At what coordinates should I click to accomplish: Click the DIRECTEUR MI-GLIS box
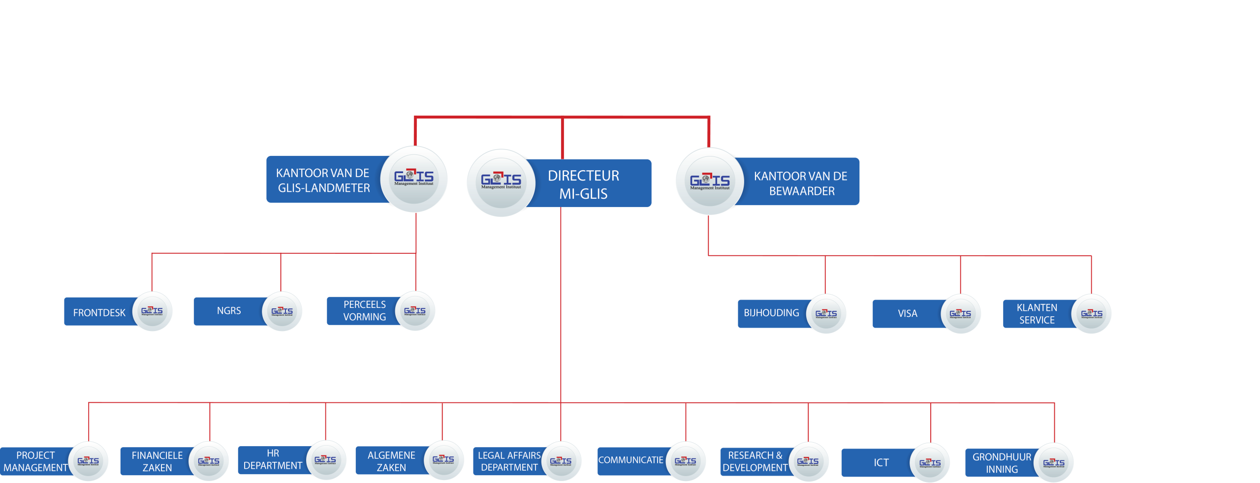tap(584, 184)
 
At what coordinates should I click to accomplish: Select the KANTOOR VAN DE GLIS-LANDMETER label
tap(323, 180)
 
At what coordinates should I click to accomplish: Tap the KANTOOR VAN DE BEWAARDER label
tap(801, 183)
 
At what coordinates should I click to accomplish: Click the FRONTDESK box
tap(99, 313)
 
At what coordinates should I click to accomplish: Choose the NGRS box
tap(229, 311)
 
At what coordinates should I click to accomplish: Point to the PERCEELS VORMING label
tap(364, 311)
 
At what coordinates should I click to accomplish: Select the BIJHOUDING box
tap(771, 313)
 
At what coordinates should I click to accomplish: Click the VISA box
tap(907, 314)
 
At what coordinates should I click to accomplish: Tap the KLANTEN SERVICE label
tap(1037, 314)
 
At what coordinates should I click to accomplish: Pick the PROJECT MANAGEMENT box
tap(35, 461)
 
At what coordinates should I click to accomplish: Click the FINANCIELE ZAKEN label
tap(157, 461)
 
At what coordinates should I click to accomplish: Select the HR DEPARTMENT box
tap(273, 459)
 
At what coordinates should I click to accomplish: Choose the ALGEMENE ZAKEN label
tap(391, 461)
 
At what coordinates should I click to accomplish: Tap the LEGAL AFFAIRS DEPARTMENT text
tap(509, 461)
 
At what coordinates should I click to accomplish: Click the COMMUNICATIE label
tap(630, 460)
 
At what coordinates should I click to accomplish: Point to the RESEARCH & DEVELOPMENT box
tap(755, 461)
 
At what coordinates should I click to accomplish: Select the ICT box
tap(881, 463)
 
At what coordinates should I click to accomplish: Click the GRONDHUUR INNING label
tap(1002, 463)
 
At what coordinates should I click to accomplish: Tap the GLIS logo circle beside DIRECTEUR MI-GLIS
tap(501, 182)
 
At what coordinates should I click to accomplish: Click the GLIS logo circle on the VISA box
tap(960, 314)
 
